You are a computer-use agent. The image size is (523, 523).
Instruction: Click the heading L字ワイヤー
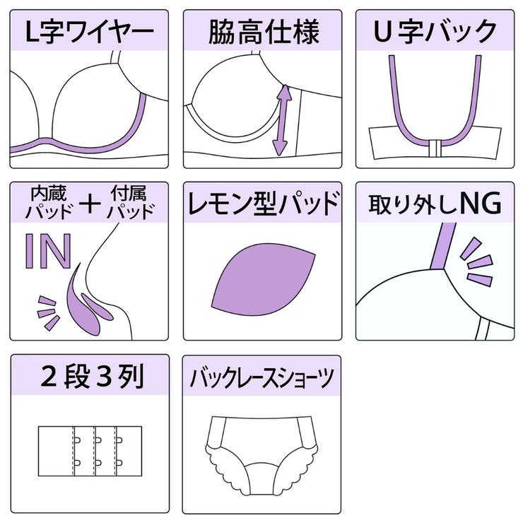(89, 32)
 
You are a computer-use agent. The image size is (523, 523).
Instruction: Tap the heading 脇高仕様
(264, 32)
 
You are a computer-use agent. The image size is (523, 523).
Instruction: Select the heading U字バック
(435, 31)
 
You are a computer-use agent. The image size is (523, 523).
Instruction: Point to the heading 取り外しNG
(435, 204)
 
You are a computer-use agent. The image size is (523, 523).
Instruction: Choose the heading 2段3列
(92, 376)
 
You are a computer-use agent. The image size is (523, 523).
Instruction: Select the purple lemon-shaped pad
(264, 279)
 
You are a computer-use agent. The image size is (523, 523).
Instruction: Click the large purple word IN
(49, 251)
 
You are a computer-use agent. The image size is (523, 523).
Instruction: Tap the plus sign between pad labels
(90, 203)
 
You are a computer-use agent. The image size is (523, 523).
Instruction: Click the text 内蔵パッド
(49, 203)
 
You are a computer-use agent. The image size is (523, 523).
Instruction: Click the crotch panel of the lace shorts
(262, 481)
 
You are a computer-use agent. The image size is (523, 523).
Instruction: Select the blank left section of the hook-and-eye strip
(56, 451)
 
